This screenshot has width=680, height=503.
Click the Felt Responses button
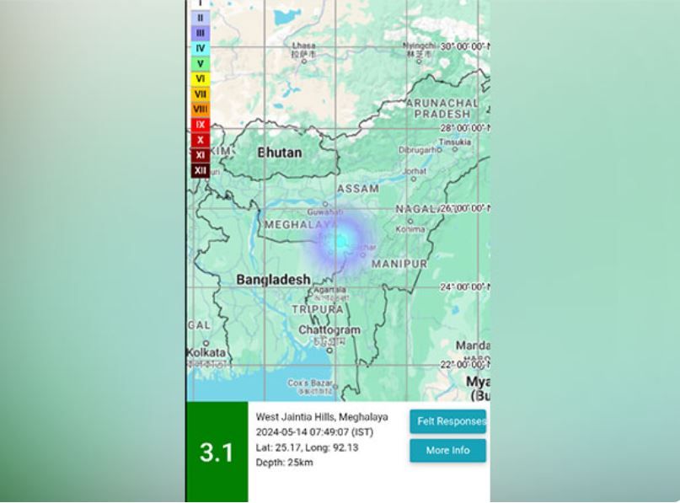coord(448,421)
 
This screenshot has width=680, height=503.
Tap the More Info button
coord(447,451)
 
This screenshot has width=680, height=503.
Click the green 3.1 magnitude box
coord(217,452)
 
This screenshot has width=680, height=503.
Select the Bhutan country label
coord(279,153)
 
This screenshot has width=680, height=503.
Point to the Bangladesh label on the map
coord(273,279)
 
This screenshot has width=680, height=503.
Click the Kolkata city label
coord(206,352)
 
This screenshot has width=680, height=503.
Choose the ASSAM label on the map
coord(357,189)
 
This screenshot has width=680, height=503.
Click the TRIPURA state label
coord(317,309)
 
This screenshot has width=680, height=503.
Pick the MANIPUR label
coord(399,264)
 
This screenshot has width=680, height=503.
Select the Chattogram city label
coord(329,330)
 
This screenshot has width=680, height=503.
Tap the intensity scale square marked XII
coord(200,170)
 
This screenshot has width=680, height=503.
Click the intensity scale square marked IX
coord(200,125)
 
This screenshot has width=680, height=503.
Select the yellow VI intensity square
coord(200,78)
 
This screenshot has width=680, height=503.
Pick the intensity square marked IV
coord(200,48)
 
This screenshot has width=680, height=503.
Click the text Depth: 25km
coord(284,463)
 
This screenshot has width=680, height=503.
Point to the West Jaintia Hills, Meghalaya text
coord(322,417)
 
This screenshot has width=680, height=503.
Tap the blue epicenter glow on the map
coord(340,243)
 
